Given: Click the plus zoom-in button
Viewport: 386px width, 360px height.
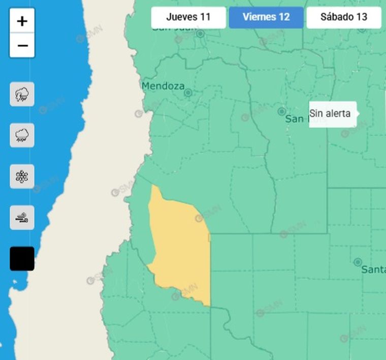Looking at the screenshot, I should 22,21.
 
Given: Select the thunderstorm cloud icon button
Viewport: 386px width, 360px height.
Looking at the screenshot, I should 22,94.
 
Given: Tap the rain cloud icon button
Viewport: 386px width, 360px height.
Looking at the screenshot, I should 22,135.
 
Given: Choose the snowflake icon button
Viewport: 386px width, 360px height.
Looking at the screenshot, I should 22,176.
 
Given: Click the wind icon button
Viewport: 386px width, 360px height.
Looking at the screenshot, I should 22,218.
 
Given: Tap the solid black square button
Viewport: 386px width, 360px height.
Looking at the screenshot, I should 22,259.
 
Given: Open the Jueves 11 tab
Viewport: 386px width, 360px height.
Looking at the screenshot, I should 188,17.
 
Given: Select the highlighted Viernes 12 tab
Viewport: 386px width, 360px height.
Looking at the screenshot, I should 266,17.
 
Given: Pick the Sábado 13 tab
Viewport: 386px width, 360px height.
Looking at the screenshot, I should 344,17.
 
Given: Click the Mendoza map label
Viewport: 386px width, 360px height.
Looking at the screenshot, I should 163,86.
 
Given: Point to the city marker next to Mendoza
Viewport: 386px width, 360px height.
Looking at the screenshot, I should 188,93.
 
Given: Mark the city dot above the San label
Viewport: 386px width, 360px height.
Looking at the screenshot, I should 281,111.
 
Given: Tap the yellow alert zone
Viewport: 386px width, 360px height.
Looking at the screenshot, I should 180,244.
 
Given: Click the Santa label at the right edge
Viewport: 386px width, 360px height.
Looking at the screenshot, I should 373,270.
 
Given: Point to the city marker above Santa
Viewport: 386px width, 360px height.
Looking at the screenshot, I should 358,262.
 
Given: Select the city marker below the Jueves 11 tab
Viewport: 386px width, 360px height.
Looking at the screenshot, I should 200,34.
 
